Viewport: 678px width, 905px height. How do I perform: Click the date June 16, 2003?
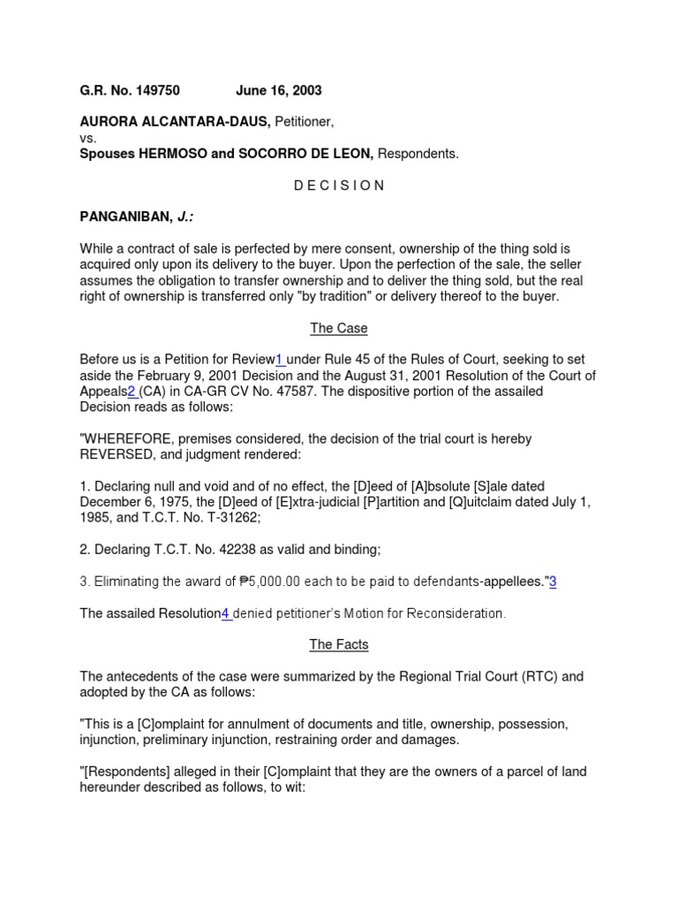tap(278, 90)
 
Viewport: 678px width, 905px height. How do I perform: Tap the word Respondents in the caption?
tap(418, 154)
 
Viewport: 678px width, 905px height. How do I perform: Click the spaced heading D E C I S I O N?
tap(339, 186)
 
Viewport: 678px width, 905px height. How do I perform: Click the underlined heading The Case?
tap(339, 329)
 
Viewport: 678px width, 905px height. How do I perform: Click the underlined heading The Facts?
tap(339, 645)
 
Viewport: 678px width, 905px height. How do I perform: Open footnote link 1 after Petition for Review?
tap(279, 360)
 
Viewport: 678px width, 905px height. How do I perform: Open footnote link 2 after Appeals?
tap(132, 392)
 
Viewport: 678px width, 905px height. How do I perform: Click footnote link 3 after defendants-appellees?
tap(553, 582)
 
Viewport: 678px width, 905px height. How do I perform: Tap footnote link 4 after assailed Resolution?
tap(225, 613)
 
